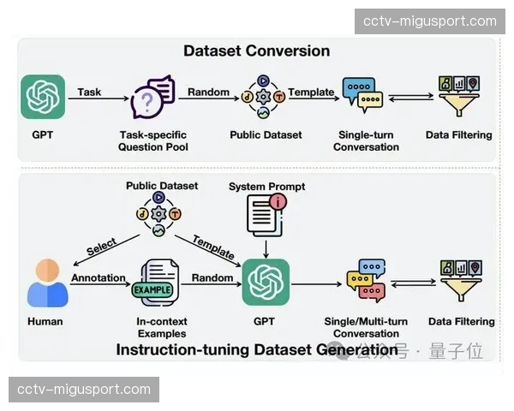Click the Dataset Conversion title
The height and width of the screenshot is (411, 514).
(x=256, y=51)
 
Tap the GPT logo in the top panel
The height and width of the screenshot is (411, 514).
(x=43, y=97)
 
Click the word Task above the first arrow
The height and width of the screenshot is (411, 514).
(x=89, y=91)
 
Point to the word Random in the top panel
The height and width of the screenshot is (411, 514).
(x=208, y=92)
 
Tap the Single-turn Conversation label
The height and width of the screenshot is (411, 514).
(x=366, y=140)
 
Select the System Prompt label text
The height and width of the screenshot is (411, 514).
(x=266, y=186)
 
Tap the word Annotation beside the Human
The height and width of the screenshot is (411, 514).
(x=99, y=277)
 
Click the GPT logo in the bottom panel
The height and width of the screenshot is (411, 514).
(x=266, y=283)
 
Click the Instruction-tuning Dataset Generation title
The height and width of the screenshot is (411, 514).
(x=256, y=349)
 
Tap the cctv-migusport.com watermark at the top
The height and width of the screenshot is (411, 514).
(x=430, y=21)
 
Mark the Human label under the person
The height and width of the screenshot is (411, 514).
(x=45, y=322)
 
